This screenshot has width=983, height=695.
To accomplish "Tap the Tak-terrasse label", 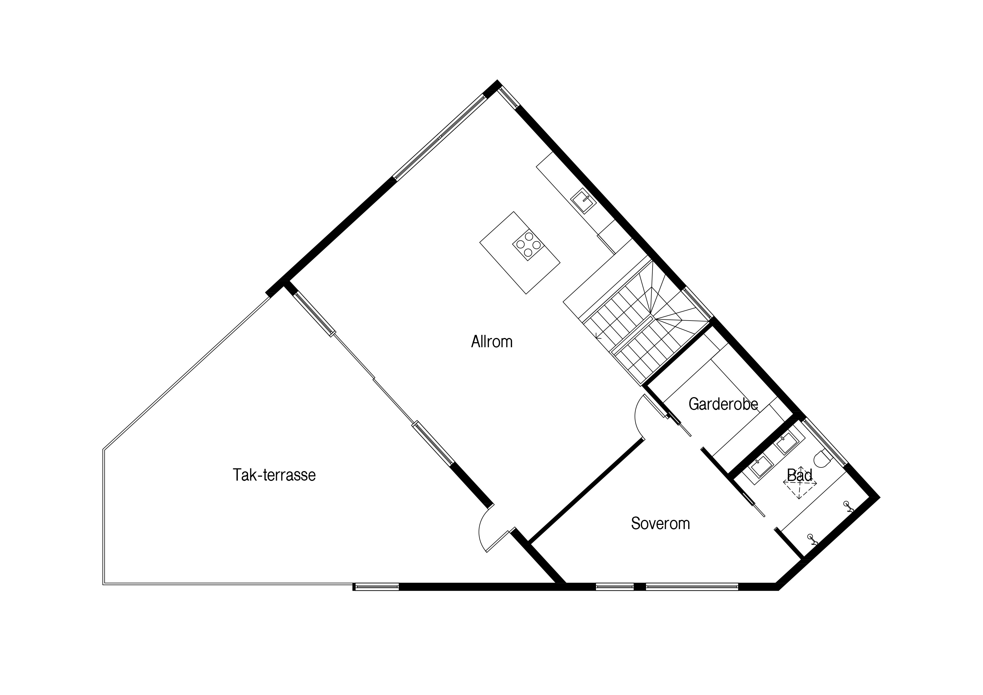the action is coord(274,475).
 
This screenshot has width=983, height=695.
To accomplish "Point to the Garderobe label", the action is coord(723,404).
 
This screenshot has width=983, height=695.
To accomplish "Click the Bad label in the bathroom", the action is coord(800,475).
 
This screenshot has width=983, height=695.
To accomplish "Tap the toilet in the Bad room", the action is coord(822,459).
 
